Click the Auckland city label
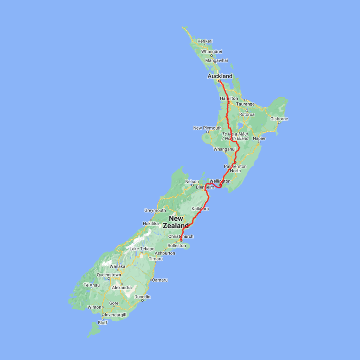[220, 76]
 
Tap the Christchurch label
[181, 236]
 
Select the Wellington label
[220, 181]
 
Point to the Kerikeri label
[205, 41]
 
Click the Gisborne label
[279, 119]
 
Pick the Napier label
[259, 138]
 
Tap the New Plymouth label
[207, 128]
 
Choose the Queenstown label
[109, 275]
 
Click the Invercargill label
[116, 315]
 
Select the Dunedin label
[142, 297]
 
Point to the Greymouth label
[155, 210]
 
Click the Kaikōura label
[200, 209]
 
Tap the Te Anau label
[91, 285]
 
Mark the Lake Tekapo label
[142, 249]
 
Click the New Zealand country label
[176, 222]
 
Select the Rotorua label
[246, 114]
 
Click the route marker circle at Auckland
[220, 81]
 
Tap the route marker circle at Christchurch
[181, 240]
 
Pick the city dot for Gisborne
[279, 123]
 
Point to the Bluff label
[102, 323]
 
